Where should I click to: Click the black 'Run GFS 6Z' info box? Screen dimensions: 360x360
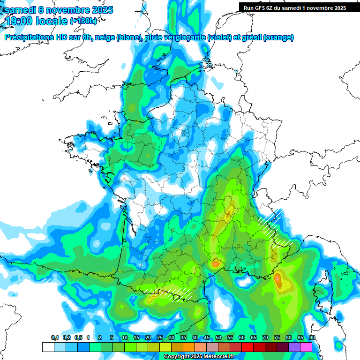pos(292,7)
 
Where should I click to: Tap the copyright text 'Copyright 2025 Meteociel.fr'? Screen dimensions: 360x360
pos(199,357)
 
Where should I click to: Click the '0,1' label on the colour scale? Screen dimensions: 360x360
pos(54,338)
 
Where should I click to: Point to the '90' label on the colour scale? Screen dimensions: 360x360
pos(312,338)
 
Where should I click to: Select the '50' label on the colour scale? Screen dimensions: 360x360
pos(218,338)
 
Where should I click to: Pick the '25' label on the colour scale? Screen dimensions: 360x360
pos(160,338)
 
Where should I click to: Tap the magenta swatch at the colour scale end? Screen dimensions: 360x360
pos(306,347)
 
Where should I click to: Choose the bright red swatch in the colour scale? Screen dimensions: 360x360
pos(247,347)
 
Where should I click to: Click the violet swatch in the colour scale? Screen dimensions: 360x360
pos(294,347)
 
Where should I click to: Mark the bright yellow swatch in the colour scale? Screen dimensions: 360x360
pos(165,347)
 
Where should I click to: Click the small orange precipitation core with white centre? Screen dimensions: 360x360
pos(216,264)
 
